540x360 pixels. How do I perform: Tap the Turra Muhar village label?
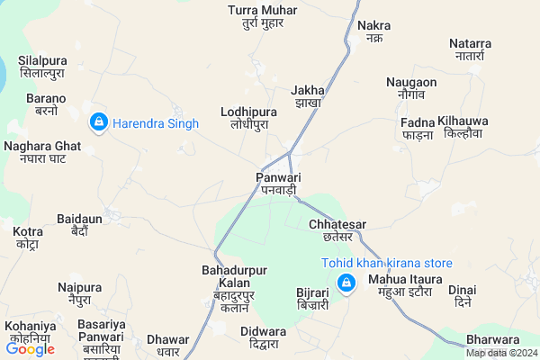click(263, 15)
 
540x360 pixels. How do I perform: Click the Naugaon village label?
click(411, 87)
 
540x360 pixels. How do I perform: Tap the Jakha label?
click(308, 96)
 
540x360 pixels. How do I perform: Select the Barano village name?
click(47, 103)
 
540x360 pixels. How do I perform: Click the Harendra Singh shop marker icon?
click(98, 121)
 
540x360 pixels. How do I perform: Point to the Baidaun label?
click(79, 224)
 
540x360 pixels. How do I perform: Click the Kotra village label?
click(27, 238)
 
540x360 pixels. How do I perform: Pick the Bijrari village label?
click(315, 299)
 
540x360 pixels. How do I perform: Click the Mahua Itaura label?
click(405, 285)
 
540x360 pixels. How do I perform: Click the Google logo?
click(30, 349)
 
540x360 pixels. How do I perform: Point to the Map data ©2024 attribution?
click(499, 353)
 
